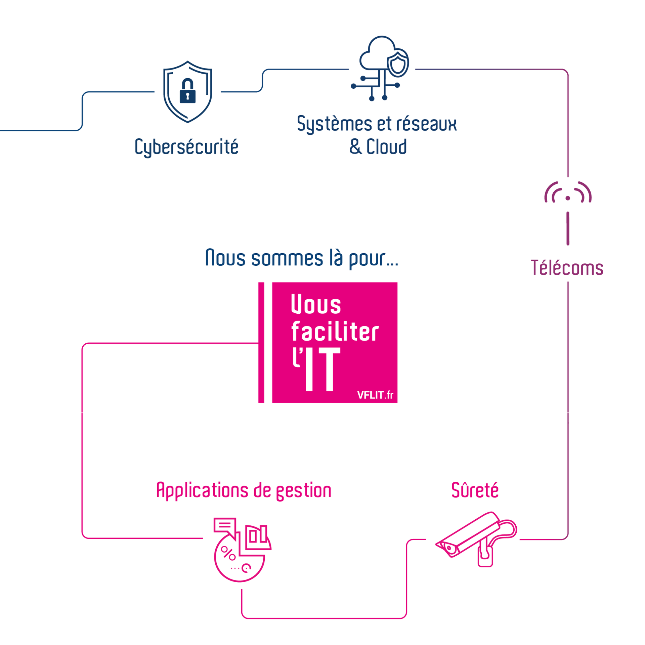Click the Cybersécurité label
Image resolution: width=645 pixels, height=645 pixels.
(186, 147)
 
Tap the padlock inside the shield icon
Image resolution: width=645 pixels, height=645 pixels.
(187, 91)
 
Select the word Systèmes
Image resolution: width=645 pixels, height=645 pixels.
(335, 124)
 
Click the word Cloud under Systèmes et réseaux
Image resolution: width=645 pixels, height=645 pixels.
(386, 146)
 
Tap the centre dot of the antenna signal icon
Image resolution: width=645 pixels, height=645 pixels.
(568, 198)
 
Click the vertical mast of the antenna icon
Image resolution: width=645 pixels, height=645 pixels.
(568, 228)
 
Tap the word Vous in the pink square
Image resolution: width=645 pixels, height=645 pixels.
(316, 304)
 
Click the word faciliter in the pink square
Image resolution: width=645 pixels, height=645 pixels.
(335, 331)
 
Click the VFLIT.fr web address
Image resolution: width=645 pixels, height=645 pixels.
(375, 395)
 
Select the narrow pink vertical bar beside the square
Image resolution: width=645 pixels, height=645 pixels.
(261, 343)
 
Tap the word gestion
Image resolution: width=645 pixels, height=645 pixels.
(304, 491)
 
